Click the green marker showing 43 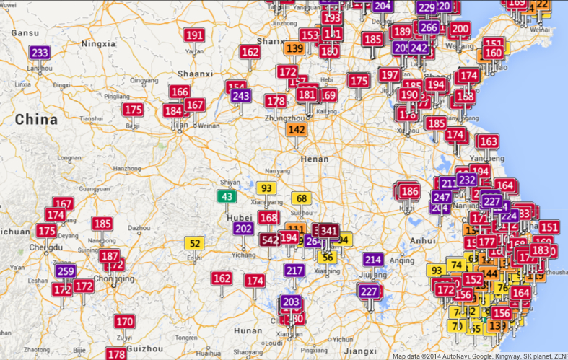(227, 196)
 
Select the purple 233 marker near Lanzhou (40, 53)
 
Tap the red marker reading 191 (194, 35)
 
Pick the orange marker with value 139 (294, 49)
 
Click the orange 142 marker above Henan (297, 130)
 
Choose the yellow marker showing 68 (301, 198)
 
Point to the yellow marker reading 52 (194, 243)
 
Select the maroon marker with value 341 (329, 231)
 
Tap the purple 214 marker (372, 260)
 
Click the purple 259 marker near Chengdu (66, 271)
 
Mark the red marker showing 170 (125, 321)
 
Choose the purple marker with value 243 (241, 96)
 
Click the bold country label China (36, 119)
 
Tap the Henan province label (310, 158)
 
